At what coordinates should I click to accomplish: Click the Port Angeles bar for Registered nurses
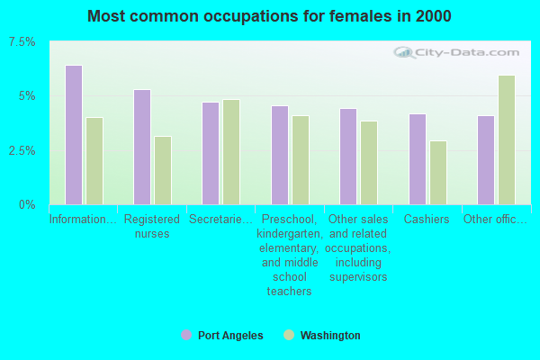point(142,147)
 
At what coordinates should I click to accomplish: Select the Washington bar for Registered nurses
point(163,170)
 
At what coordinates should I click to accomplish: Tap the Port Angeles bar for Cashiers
point(418,159)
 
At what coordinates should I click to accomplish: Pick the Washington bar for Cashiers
point(438,173)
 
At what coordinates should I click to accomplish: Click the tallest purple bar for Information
point(74,135)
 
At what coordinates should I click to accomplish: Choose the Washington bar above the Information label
point(94,161)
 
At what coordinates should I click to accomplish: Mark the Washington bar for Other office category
point(507,139)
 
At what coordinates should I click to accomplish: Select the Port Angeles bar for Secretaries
point(211,153)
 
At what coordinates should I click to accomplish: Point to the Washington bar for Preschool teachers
point(301,160)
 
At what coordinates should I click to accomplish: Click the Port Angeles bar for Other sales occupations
point(348,157)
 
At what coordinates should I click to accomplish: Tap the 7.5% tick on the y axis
point(22,42)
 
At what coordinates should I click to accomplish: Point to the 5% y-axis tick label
point(26,96)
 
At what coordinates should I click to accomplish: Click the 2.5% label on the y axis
point(22,150)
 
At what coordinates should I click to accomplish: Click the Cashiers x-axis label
point(427,220)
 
